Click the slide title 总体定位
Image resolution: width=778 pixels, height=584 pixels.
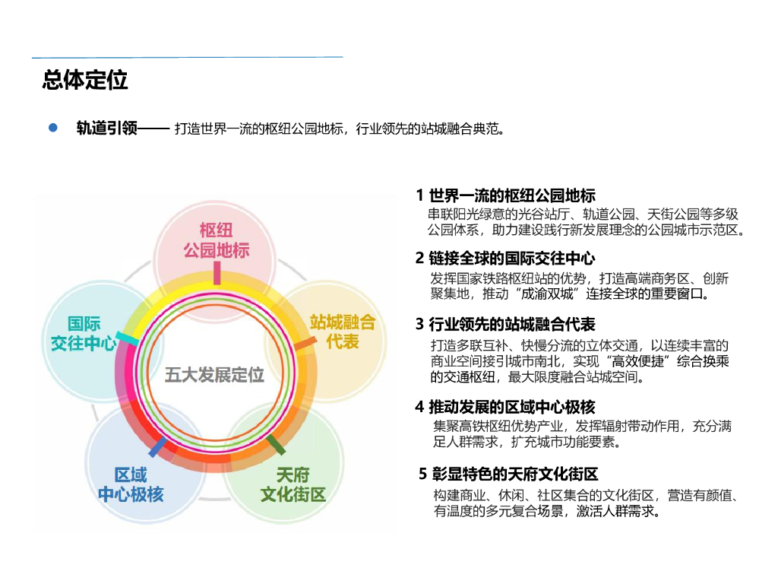click(85, 81)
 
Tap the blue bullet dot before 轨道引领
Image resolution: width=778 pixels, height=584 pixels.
click(53, 128)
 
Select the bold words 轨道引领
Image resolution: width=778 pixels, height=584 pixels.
click(106, 129)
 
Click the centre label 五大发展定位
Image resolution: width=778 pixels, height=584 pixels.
click(215, 375)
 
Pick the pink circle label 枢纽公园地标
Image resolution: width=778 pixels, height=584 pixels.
click(217, 240)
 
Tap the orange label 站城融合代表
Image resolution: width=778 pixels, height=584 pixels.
click(343, 332)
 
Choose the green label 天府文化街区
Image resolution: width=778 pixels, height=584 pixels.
click(293, 485)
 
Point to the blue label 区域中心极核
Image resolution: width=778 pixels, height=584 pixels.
click(131, 485)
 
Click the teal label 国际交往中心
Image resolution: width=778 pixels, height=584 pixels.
click(84, 334)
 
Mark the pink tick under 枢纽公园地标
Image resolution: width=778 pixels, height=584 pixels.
click(217, 272)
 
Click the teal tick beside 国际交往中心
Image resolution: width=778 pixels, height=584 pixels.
click(127, 338)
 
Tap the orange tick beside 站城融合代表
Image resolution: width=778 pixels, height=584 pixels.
click(305, 344)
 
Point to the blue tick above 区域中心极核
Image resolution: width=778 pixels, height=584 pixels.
click(157, 446)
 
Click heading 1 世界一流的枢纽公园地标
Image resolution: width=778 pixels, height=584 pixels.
click(505, 195)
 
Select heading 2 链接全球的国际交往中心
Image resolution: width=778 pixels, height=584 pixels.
click(505, 259)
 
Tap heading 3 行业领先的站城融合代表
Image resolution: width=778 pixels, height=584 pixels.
click(505, 325)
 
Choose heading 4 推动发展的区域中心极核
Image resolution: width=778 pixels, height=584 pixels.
click(505, 406)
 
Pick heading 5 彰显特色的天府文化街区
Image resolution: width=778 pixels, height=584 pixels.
click(509, 474)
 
